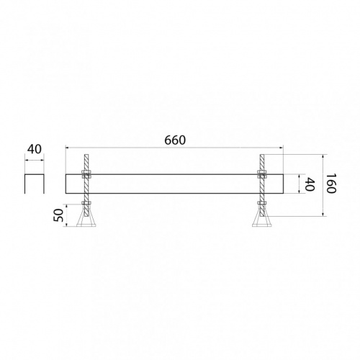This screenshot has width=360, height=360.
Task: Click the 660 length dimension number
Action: tap(175, 140)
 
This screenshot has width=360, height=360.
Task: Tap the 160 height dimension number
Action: tap(331, 184)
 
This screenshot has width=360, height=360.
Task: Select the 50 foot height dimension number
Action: tap(58, 215)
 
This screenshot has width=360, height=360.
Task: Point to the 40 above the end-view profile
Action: tap(35, 149)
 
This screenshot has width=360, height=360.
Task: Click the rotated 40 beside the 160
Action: tap(310, 184)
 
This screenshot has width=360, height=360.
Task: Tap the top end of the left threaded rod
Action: tap(86, 155)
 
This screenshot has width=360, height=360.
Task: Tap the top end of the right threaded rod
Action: tap(262, 155)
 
